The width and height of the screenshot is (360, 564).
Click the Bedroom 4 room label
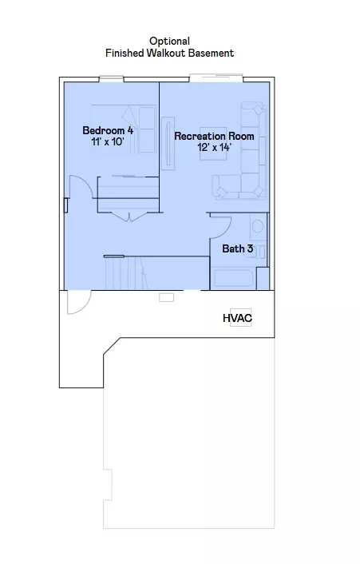[108, 130]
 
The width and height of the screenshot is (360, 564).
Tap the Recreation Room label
[214, 137]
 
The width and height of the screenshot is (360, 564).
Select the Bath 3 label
[238, 248]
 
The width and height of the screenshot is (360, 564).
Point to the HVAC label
[238, 318]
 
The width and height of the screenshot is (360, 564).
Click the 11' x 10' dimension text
[108, 141]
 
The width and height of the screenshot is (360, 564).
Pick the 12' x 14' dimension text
[214, 147]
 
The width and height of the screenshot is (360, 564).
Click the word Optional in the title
[169, 42]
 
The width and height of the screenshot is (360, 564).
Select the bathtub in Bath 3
[233, 278]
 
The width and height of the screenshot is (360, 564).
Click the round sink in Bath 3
[258, 227]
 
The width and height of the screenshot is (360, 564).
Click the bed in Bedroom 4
[124, 130]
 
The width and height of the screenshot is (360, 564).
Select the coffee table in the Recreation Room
[213, 144]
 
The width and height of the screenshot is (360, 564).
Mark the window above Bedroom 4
[112, 79]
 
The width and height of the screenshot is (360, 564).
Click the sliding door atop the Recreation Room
[216, 77]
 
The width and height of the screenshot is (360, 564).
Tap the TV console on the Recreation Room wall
[168, 143]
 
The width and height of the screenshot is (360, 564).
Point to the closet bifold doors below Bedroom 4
[129, 217]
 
